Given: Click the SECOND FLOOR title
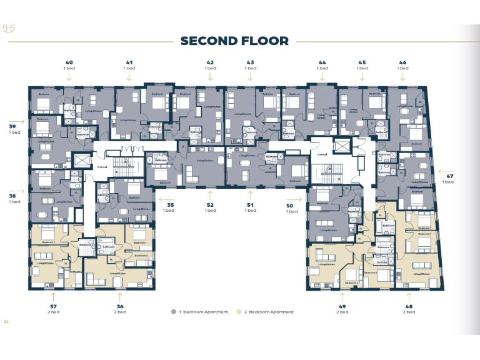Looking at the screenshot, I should (x=234, y=41).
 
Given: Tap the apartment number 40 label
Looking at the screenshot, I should (x=69, y=62).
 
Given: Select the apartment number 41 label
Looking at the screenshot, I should (x=129, y=62).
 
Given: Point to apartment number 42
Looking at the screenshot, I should (x=210, y=62).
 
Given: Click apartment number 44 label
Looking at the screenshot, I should (x=322, y=62).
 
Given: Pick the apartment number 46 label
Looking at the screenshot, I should (x=402, y=62).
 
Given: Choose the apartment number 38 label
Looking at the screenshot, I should (x=14, y=196).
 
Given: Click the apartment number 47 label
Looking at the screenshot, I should (x=448, y=176).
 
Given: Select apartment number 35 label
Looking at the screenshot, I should (x=170, y=204).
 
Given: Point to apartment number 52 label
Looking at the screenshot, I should (x=210, y=204).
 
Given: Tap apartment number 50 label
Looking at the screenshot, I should (x=290, y=205).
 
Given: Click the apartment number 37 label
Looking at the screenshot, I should (x=53, y=306).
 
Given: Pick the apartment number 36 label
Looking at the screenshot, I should (x=119, y=306).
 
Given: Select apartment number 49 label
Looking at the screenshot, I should (x=342, y=306).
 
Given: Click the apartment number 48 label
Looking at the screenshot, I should (x=409, y=306).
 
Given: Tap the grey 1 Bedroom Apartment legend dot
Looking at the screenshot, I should (x=172, y=311).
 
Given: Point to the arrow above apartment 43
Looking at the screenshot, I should (x=250, y=77).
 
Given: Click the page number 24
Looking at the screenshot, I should (x=6, y=322).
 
